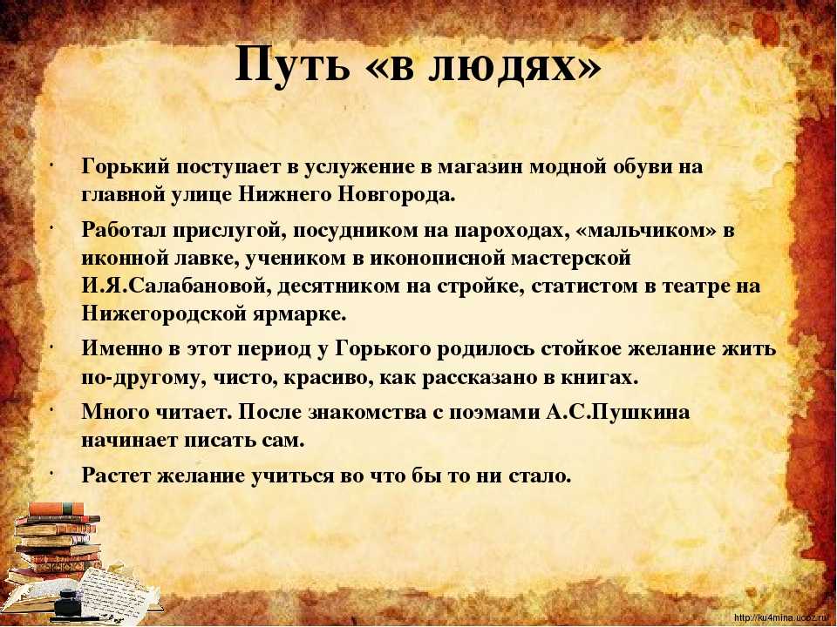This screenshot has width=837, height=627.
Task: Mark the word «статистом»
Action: click(582, 287)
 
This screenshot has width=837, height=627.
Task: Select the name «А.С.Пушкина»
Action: click(617, 413)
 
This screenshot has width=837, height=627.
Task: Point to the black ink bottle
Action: click(67, 602)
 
